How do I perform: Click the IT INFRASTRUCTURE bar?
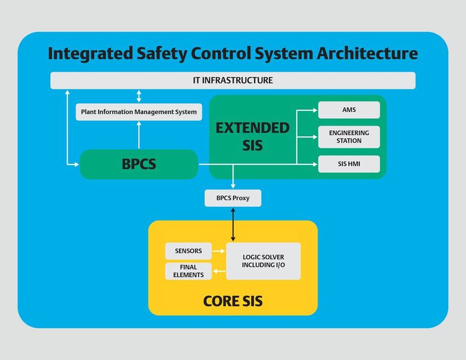[x=232, y=80]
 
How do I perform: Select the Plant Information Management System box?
[x=138, y=112]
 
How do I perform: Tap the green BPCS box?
[x=139, y=164]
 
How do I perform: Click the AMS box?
[x=349, y=110]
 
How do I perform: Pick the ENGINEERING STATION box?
[x=349, y=137]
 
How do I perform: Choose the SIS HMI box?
[x=349, y=164]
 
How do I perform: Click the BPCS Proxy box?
[x=233, y=198]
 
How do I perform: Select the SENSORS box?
[x=188, y=251]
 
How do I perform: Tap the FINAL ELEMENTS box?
[x=188, y=271]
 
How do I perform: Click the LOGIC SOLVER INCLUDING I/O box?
[x=263, y=261]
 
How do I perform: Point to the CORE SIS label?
[x=232, y=300]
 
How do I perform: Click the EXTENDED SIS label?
[x=252, y=136]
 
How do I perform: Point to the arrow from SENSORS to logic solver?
[x=218, y=251]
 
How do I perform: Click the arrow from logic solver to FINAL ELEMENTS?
[x=218, y=271]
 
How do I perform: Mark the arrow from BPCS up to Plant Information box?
[x=139, y=135]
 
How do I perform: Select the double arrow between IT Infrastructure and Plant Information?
[x=139, y=96]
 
